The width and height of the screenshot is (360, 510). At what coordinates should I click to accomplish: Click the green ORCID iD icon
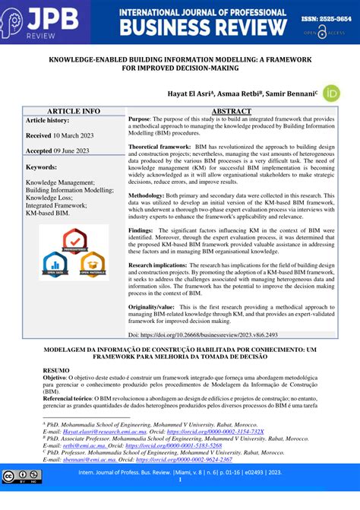click(x=331, y=93)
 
